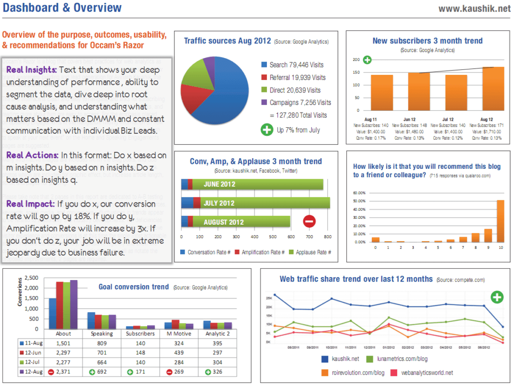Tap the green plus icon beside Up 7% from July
click(267, 130)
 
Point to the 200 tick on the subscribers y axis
click(356, 59)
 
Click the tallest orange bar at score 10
click(500, 221)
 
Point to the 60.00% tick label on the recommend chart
click(359, 193)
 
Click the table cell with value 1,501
click(63, 343)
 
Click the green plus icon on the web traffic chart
click(497, 298)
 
